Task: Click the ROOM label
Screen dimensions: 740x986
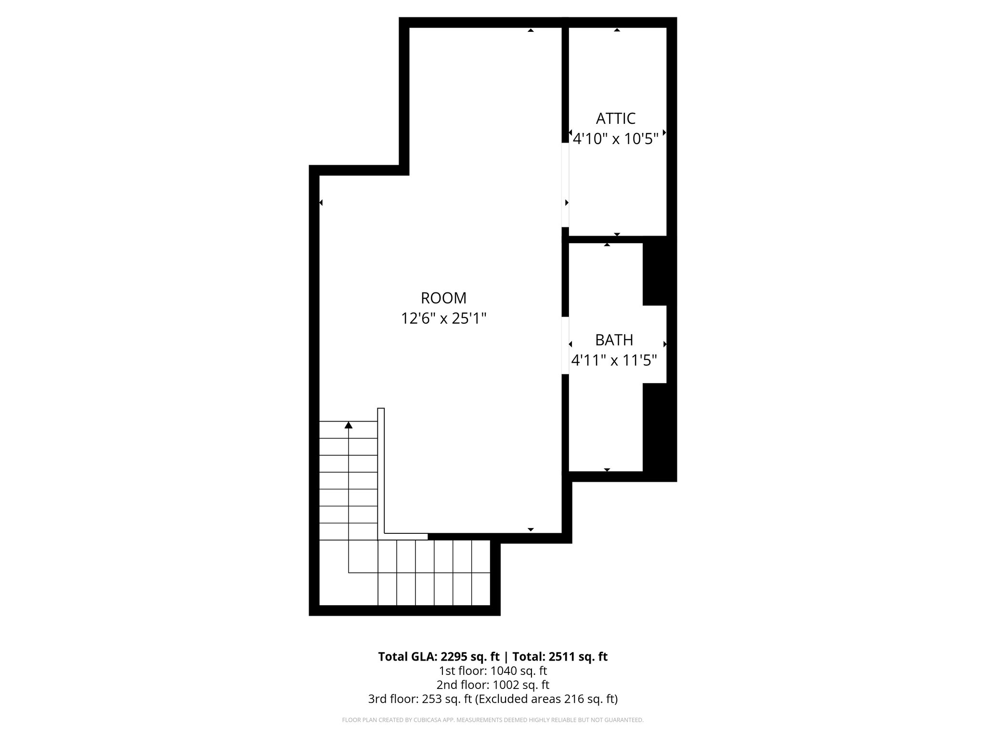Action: (443, 298)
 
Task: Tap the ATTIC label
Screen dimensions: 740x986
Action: (615, 119)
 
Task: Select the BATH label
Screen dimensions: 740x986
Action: (614, 340)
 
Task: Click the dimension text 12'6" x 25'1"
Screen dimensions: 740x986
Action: (443, 318)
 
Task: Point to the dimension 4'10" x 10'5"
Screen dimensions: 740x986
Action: (615, 139)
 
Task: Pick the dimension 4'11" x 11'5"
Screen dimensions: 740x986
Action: (614, 360)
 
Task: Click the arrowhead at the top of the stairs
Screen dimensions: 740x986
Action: (349, 425)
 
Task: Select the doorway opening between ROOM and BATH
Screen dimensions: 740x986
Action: (565, 345)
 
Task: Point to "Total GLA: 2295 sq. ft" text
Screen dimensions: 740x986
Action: (439, 657)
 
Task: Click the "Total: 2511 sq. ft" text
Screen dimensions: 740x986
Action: (559, 657)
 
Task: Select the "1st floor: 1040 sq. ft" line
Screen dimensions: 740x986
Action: (493, 671)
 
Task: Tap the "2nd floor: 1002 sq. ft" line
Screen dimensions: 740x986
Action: (493, 685)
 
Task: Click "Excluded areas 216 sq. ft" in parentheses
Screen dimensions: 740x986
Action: (546, 699)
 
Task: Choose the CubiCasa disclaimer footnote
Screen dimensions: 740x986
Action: (493, 720)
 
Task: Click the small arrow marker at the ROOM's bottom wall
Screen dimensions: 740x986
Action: (531, 529)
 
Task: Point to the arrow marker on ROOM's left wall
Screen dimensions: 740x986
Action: (321, 203)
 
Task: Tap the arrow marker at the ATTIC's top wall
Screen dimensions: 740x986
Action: (617, 30)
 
